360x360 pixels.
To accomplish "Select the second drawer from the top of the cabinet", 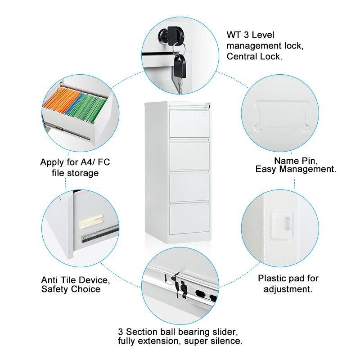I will (189, 155).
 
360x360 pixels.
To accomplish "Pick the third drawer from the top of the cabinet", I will (189, 186).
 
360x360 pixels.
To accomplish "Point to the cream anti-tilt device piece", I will (90, 221).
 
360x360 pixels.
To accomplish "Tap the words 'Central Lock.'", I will (254, 57).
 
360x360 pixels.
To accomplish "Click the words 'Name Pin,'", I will (296, 160).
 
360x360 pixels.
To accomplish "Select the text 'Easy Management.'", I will (296, 169).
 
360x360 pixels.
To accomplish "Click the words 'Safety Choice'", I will (71, 289).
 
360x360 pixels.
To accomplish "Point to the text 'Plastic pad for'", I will (288, 278).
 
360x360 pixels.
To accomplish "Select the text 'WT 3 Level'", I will (250, 35).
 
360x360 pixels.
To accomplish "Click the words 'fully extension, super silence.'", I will (180, 341).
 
